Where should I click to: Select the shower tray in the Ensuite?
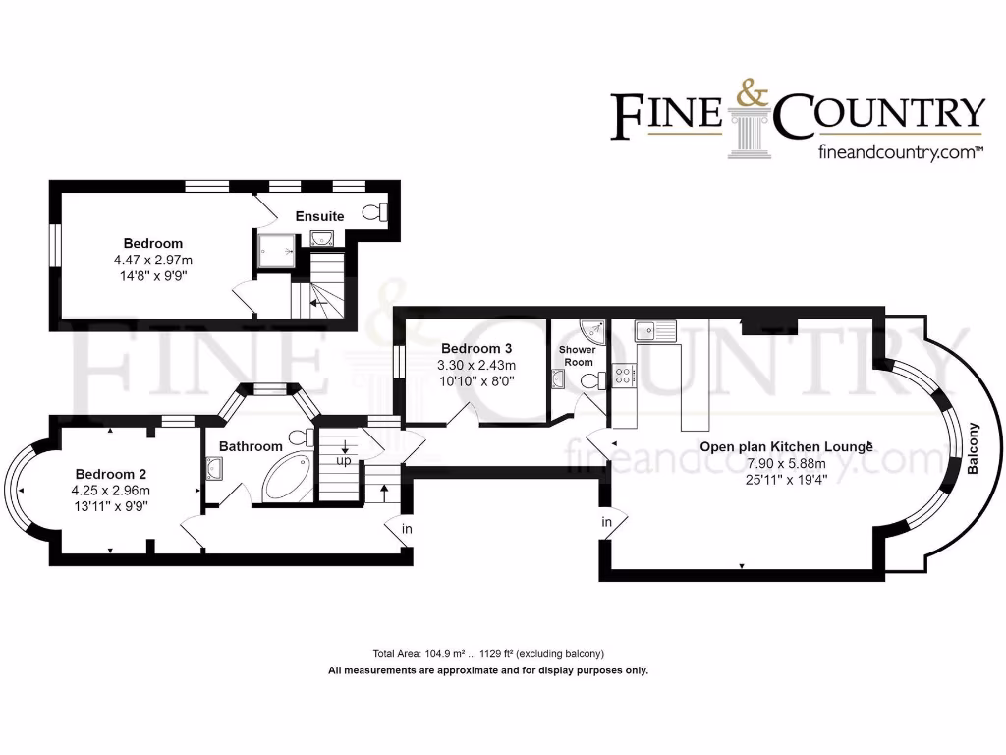tap(276, 250)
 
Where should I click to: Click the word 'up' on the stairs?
tap(344, 460)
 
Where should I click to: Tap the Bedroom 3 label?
tap(476, 348)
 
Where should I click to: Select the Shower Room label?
tap(577, 356)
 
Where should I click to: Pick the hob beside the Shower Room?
tap(623, 374)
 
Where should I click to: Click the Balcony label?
tap(974, 448)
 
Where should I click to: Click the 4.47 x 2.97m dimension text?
tap(152, 261)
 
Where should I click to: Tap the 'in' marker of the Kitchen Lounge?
tap(606, 521)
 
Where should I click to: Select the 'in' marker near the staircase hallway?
tap(406, 529)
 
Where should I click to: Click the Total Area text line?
tap(487, 654)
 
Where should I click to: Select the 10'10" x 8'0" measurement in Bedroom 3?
tap(475, 379)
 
